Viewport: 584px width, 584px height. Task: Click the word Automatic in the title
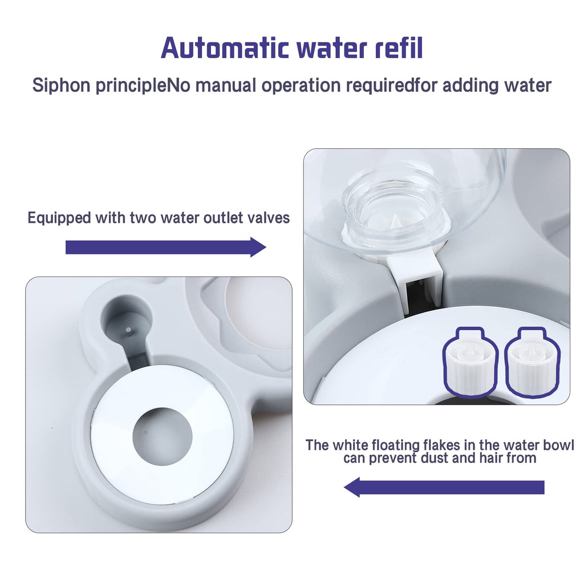click(x=225, y=48)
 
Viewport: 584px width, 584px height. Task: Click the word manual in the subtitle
click(x=225, y=85)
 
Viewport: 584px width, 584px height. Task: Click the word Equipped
click(x=59, y=218)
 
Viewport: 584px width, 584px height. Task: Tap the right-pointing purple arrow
click(x=166, y=247)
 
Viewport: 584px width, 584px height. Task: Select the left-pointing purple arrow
click(x=444, y=487)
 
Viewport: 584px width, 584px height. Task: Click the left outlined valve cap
click(x=471, y=362)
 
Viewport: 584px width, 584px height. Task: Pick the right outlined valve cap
click(x=533, y=362)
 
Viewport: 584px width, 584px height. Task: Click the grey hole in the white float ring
click(x=163, y=436)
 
